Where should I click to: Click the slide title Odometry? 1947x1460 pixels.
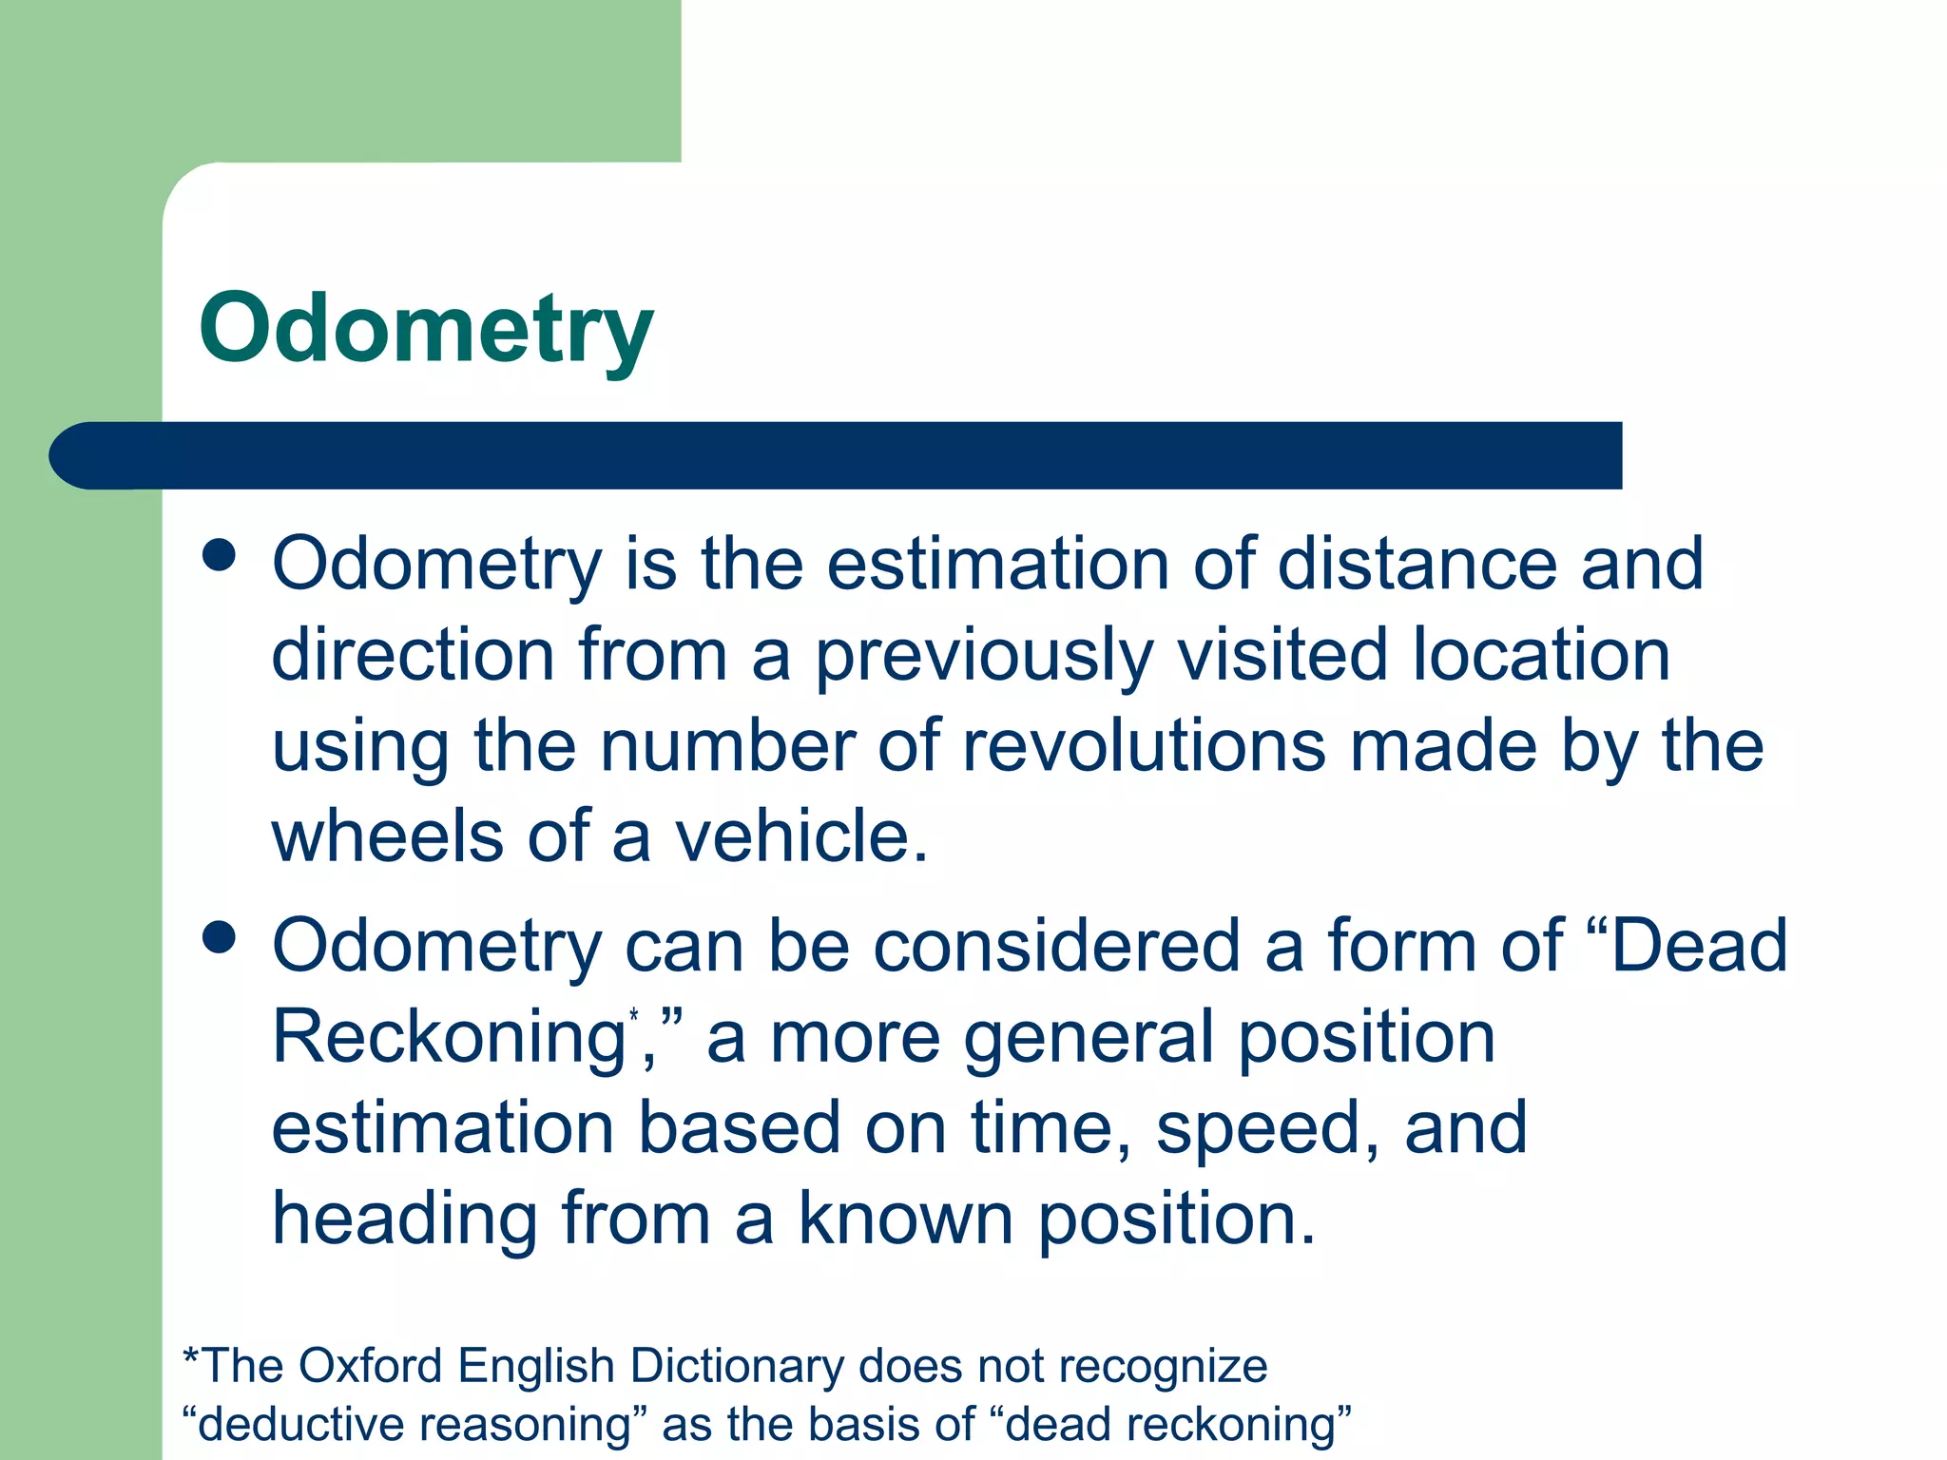[x=426, y=328]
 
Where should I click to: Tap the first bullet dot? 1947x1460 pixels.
[x=220, y=555]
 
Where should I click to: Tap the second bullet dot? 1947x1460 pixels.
[x=220, y=937]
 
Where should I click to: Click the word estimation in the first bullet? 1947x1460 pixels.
[x=997, y=564]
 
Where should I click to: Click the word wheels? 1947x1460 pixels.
[x=388, y=836]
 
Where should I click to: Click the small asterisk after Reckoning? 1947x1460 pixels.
[x=633, y=1017]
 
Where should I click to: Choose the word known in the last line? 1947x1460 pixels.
[x=905, y=1219]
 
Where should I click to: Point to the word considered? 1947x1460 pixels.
[x=1055, y=946]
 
